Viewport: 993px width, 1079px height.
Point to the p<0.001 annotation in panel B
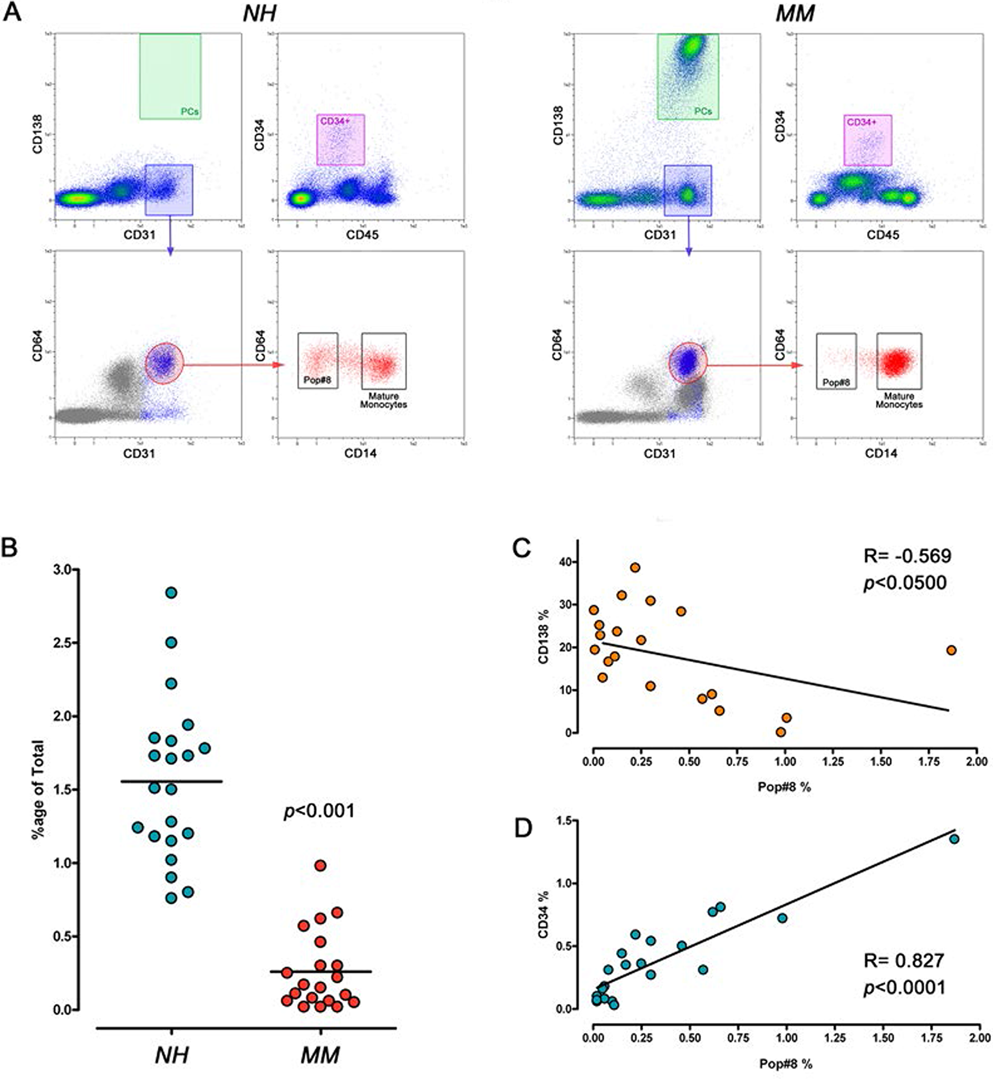point(319,811)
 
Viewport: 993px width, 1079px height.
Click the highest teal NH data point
point(171,593)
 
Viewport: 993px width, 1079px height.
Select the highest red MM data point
point(320,865)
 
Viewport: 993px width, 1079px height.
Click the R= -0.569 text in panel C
point(907,556)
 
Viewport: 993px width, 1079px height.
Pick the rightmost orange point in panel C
point(951,650)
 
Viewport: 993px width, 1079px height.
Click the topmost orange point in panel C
point(635,567)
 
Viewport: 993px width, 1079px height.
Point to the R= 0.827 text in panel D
point(904,960)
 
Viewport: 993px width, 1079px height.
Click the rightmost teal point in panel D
point(954,839)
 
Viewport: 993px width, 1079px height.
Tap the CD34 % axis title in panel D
point(544,915)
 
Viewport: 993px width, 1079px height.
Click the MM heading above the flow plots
point(795,13)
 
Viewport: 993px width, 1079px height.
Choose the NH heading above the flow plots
point(260,13)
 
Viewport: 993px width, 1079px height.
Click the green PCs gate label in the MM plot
point(703,111)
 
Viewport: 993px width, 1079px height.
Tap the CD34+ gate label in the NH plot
point(335,122)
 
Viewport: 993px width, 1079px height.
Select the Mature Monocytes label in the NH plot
point(383,400)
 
